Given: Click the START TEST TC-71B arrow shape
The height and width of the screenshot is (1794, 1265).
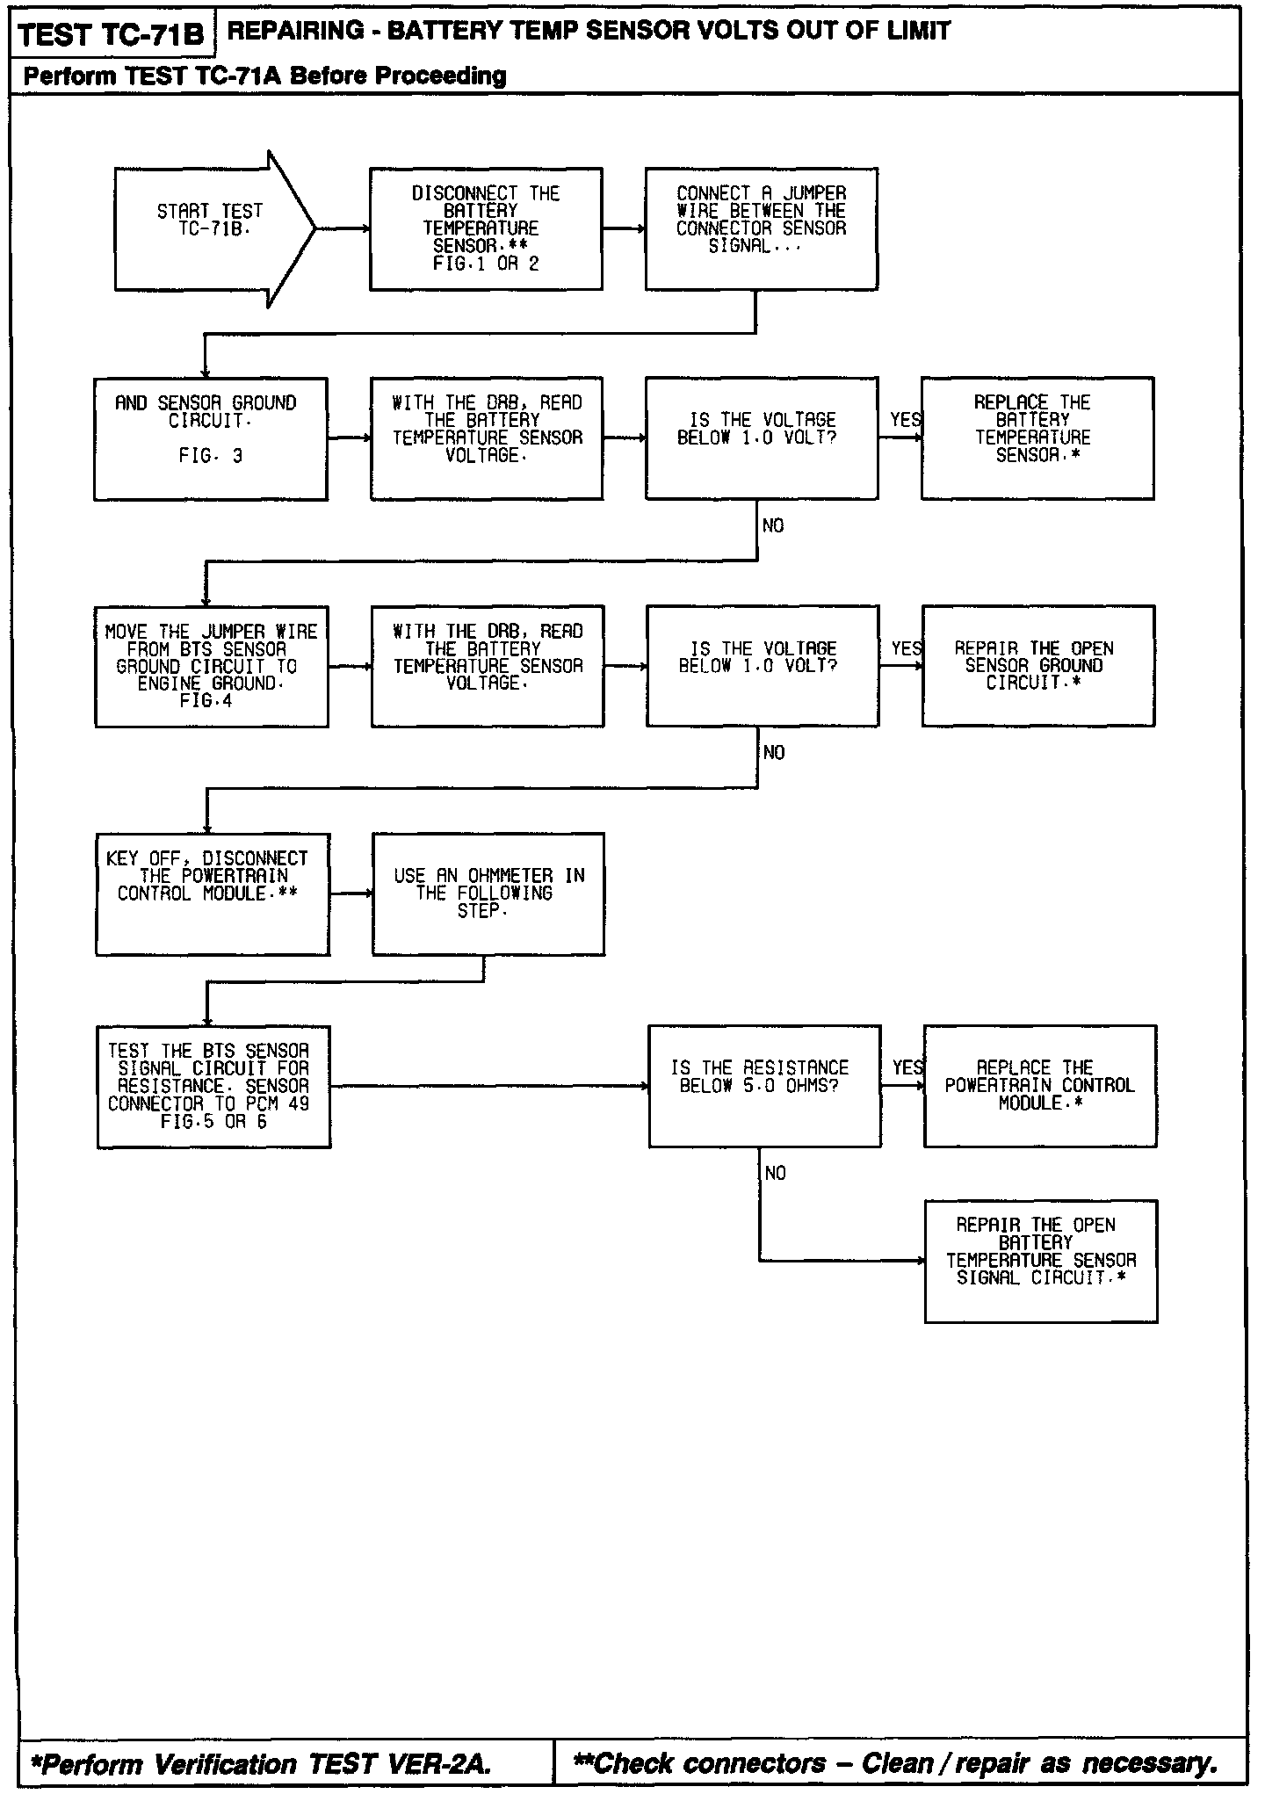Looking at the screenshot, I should (211, 229).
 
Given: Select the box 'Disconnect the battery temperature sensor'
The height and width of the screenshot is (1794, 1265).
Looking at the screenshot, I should (486, 229).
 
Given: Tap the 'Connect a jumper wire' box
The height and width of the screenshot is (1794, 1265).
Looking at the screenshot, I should (761, 229).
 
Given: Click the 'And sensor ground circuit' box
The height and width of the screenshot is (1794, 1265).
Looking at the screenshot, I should (211, 438).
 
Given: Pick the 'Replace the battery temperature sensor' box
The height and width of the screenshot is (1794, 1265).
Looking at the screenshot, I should (1037, 438).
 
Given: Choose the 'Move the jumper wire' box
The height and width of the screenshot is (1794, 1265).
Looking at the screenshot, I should (212, 666).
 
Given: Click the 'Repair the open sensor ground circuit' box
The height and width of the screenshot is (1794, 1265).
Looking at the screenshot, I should (1037, 666).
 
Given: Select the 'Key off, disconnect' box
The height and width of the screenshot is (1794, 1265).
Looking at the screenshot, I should (213, 893).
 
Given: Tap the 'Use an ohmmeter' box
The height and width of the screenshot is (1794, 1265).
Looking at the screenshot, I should (488, 893).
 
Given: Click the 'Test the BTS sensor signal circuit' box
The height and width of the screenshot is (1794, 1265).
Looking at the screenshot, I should (213, 1086).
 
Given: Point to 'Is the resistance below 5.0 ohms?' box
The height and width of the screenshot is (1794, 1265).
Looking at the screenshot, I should (764, 1086).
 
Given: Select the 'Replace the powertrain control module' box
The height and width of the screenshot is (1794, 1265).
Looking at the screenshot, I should (1039, 1086).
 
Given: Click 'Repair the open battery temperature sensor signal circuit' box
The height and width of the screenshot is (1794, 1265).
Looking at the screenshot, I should (1040, 1261).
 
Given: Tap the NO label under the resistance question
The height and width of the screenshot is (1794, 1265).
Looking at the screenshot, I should (776, 1174).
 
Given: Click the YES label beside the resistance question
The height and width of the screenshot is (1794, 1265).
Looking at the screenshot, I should (907, 1067).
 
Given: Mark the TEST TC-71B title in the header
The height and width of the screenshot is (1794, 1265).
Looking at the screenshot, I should (111, 35).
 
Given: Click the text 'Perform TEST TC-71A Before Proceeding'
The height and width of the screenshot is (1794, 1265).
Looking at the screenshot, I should (264, 76).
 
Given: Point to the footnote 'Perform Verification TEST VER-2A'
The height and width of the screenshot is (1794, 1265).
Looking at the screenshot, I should (261, 1763).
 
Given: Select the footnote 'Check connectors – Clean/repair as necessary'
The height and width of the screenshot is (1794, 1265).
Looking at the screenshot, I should (895, 1762).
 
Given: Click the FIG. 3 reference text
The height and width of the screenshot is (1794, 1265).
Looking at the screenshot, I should (210, 456).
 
